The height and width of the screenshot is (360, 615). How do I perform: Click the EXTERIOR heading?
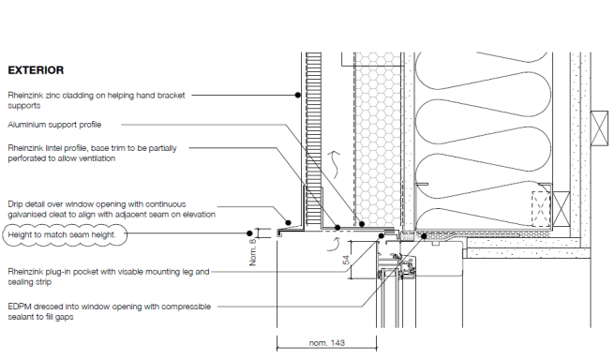[36, 70]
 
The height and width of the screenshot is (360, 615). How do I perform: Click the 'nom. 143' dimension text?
[326, 343]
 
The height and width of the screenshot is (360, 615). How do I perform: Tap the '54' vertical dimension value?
[346, 260]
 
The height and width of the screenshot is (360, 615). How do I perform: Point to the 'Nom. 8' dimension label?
[253, 252]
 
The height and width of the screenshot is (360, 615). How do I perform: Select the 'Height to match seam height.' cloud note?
[65, 235]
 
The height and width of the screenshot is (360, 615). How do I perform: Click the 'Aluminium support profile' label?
[54, 125]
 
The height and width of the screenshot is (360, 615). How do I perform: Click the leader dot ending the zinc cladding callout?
[298, 95]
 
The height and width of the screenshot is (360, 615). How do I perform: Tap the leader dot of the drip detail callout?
[289, 223]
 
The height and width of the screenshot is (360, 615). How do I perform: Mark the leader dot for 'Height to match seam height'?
[249, 233]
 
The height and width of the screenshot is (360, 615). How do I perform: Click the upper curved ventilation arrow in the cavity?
[335, 165]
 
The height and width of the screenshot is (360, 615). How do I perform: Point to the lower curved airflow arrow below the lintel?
[334, 244]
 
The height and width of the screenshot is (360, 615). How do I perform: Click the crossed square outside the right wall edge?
[599, 128]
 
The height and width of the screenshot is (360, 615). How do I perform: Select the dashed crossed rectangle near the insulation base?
[541, 209]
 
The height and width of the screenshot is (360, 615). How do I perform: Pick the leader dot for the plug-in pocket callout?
[381, 235]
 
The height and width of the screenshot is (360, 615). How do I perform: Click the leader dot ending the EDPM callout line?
[424, 236]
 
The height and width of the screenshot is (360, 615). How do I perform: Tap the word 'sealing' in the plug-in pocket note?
[20, 282]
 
